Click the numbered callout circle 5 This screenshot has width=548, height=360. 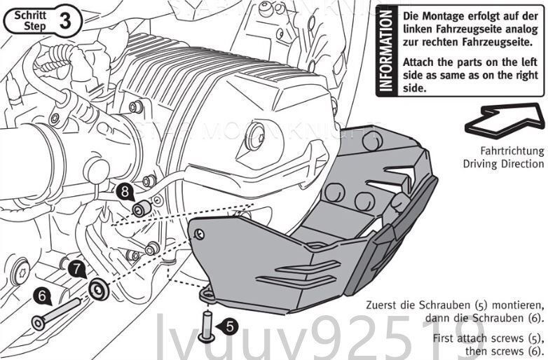coord(231,326)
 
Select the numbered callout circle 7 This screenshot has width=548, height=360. coord(76,268)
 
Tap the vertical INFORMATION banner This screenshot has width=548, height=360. coord(385,51)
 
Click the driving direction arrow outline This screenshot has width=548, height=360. coord(505,122)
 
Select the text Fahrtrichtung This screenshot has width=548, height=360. coord(512,151)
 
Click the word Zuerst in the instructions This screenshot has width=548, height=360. coord(385,306)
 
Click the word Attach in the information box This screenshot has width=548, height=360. coord(418,62)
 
